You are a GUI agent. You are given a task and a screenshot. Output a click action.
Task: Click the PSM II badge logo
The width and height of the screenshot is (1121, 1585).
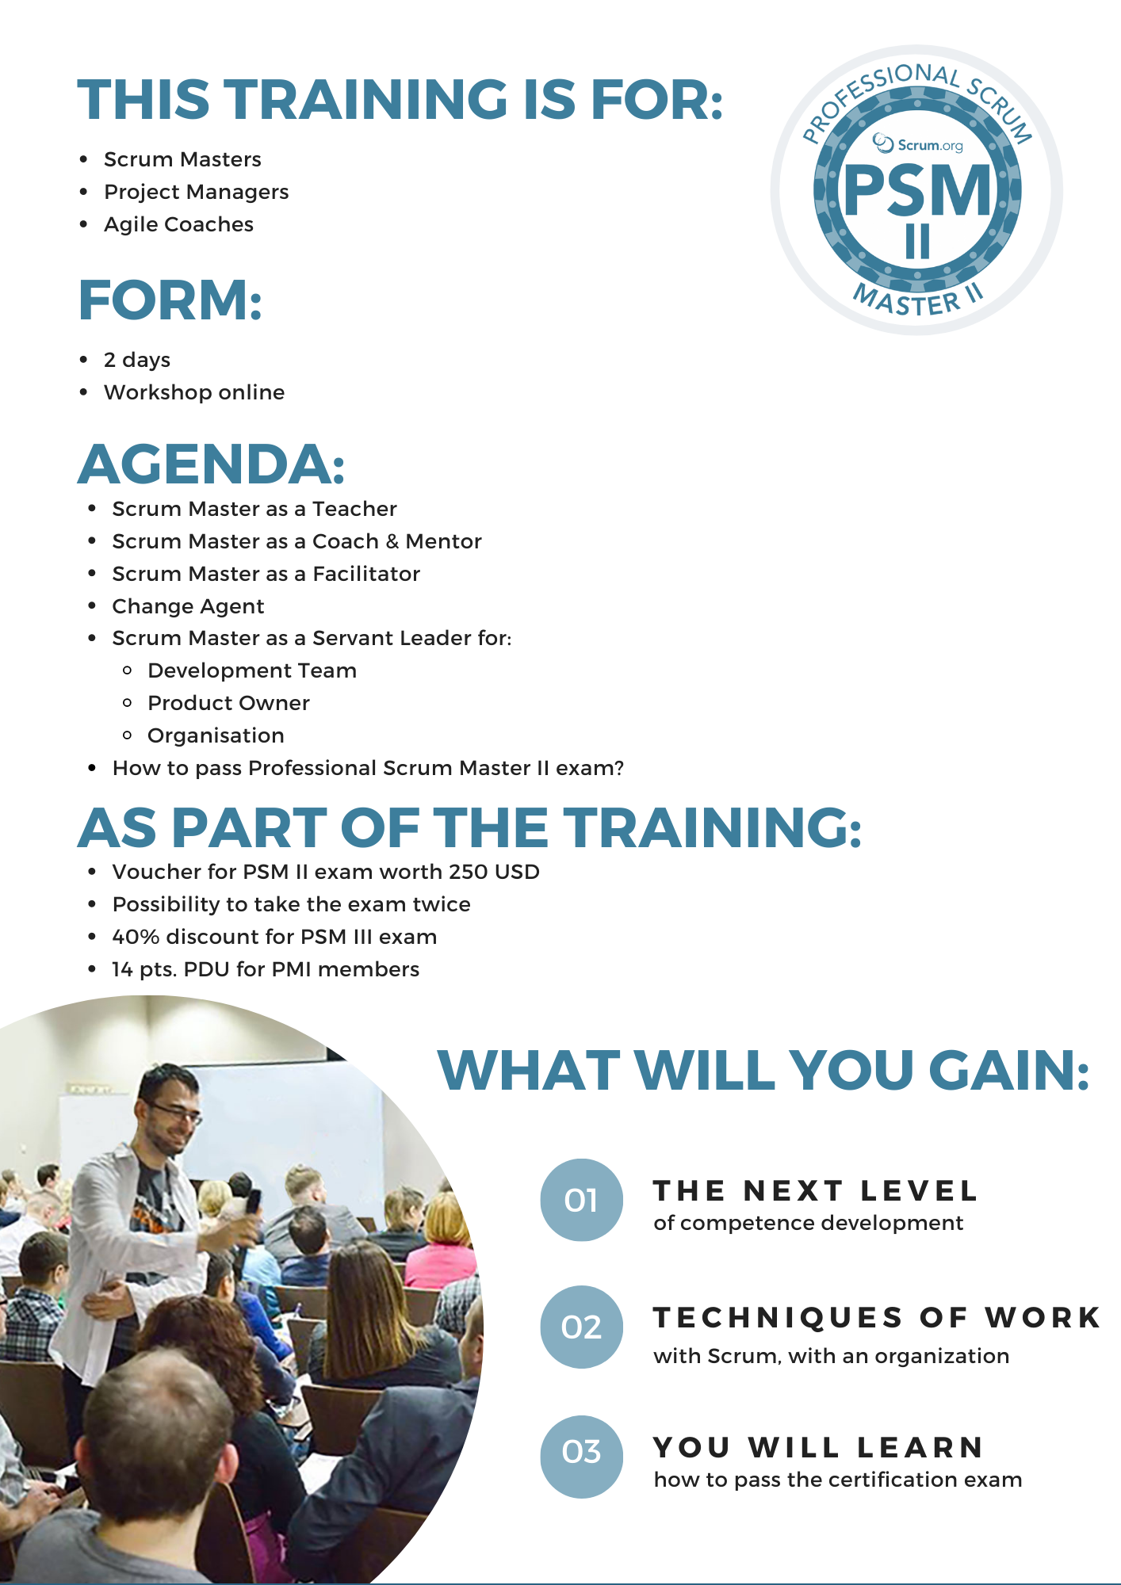(917, 190)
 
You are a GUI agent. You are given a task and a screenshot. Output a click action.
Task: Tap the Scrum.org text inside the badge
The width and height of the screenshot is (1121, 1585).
(920, 144)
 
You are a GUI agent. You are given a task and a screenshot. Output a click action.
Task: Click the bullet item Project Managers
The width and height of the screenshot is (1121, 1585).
(196, 192)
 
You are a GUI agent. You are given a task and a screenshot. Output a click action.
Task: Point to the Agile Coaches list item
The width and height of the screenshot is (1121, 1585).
(178, 224)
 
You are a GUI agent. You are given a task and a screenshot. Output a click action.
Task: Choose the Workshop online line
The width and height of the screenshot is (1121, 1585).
(194, 392)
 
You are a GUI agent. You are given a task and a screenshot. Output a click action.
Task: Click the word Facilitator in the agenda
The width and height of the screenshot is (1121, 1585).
(366, 574)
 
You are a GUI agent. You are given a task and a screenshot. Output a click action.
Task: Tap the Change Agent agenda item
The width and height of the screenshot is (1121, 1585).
(188, 606)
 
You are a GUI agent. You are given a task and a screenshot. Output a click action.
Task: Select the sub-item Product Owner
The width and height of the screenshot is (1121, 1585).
(228, 703)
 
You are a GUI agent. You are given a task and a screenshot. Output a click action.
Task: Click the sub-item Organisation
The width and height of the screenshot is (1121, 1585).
(216, 735)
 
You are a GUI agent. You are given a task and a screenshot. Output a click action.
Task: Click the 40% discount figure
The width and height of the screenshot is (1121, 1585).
(136, 937)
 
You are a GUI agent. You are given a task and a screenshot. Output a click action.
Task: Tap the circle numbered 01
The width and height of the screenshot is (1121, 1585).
(581, 1201)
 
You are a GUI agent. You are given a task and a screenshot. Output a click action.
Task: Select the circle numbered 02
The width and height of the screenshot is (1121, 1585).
(581, 1327)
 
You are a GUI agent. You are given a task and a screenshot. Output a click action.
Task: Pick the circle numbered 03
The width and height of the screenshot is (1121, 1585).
(581, 1452)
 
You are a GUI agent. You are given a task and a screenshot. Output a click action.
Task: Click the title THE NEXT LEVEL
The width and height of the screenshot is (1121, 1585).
(815, 1191)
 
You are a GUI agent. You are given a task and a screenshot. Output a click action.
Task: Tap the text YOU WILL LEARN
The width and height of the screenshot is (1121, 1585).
(818, 1448)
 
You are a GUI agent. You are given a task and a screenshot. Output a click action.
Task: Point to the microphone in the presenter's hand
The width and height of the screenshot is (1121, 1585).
(253, 1201)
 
